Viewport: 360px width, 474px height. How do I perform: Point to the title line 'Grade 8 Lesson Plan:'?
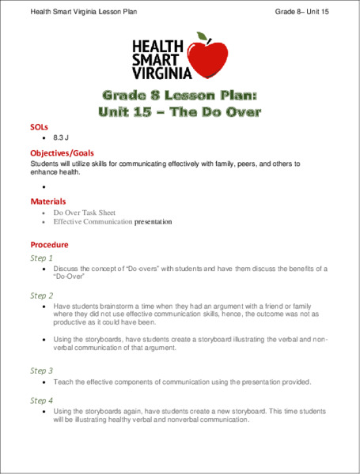[180, 95]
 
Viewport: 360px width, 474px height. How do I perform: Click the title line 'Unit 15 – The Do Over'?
[180, 111]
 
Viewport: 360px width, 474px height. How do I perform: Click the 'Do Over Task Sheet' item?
[84, 213]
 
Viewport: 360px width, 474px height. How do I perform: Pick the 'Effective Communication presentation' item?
[112, 222]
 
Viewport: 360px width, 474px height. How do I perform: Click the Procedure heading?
[49, 244]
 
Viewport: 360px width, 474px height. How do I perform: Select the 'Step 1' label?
[41, 258]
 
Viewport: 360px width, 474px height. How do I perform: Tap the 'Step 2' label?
[41, 295]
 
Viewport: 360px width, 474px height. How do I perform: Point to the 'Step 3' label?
[41, 370]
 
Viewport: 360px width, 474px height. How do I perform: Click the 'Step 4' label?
[41, 401]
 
